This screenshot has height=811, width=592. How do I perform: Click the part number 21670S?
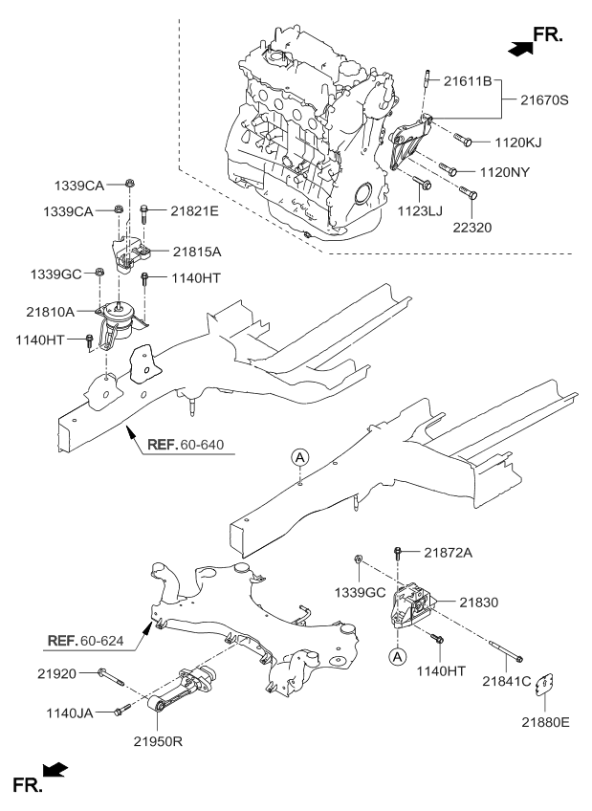coord(544,99)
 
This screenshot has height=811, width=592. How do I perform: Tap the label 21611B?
coord(468,81)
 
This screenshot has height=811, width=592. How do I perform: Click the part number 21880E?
coord(544,721)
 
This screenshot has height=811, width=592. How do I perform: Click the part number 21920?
coord(61,674)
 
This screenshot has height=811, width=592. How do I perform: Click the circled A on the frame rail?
coord(299,458)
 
